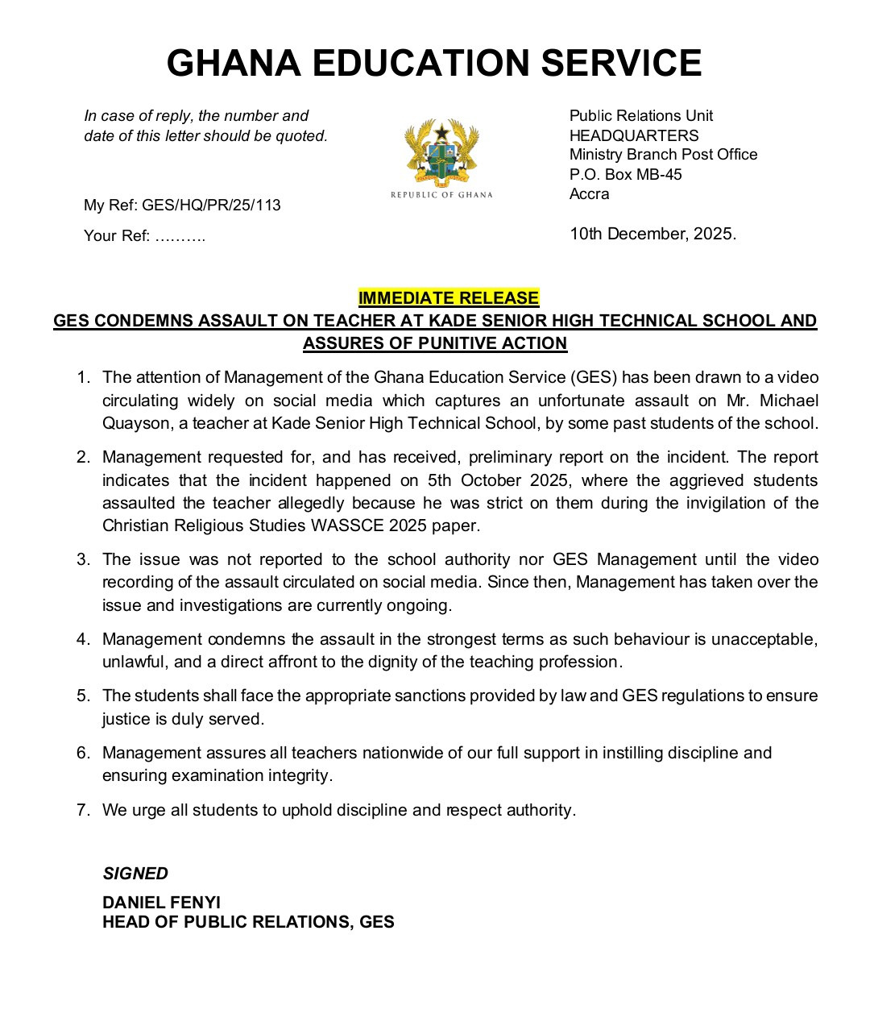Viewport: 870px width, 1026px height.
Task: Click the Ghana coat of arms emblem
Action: coord(441,152)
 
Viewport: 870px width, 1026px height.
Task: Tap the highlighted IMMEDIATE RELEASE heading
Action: coord(449,298)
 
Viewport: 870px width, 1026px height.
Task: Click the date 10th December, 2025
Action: coord(652,234)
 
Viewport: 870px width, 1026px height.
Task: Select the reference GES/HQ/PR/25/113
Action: coord(211,205)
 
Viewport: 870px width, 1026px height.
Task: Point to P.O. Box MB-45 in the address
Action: coord(625,174)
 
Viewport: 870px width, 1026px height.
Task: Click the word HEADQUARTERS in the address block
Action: coord(634,135)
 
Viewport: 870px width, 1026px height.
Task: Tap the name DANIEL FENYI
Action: coord(161,903)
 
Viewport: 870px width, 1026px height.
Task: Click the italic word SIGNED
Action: coord(135,874)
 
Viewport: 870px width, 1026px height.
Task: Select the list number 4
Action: coord(83,639)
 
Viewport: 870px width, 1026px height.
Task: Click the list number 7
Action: coord(83,810)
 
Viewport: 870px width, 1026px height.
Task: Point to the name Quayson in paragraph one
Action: coord(134,423)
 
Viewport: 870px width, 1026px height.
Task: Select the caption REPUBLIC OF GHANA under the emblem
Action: coord(441,195)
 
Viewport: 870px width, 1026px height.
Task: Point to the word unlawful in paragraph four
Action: coord(135,662)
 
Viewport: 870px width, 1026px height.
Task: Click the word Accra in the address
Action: coord(590,194)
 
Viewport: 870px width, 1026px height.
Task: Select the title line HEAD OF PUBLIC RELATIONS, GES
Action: coord(248,922)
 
